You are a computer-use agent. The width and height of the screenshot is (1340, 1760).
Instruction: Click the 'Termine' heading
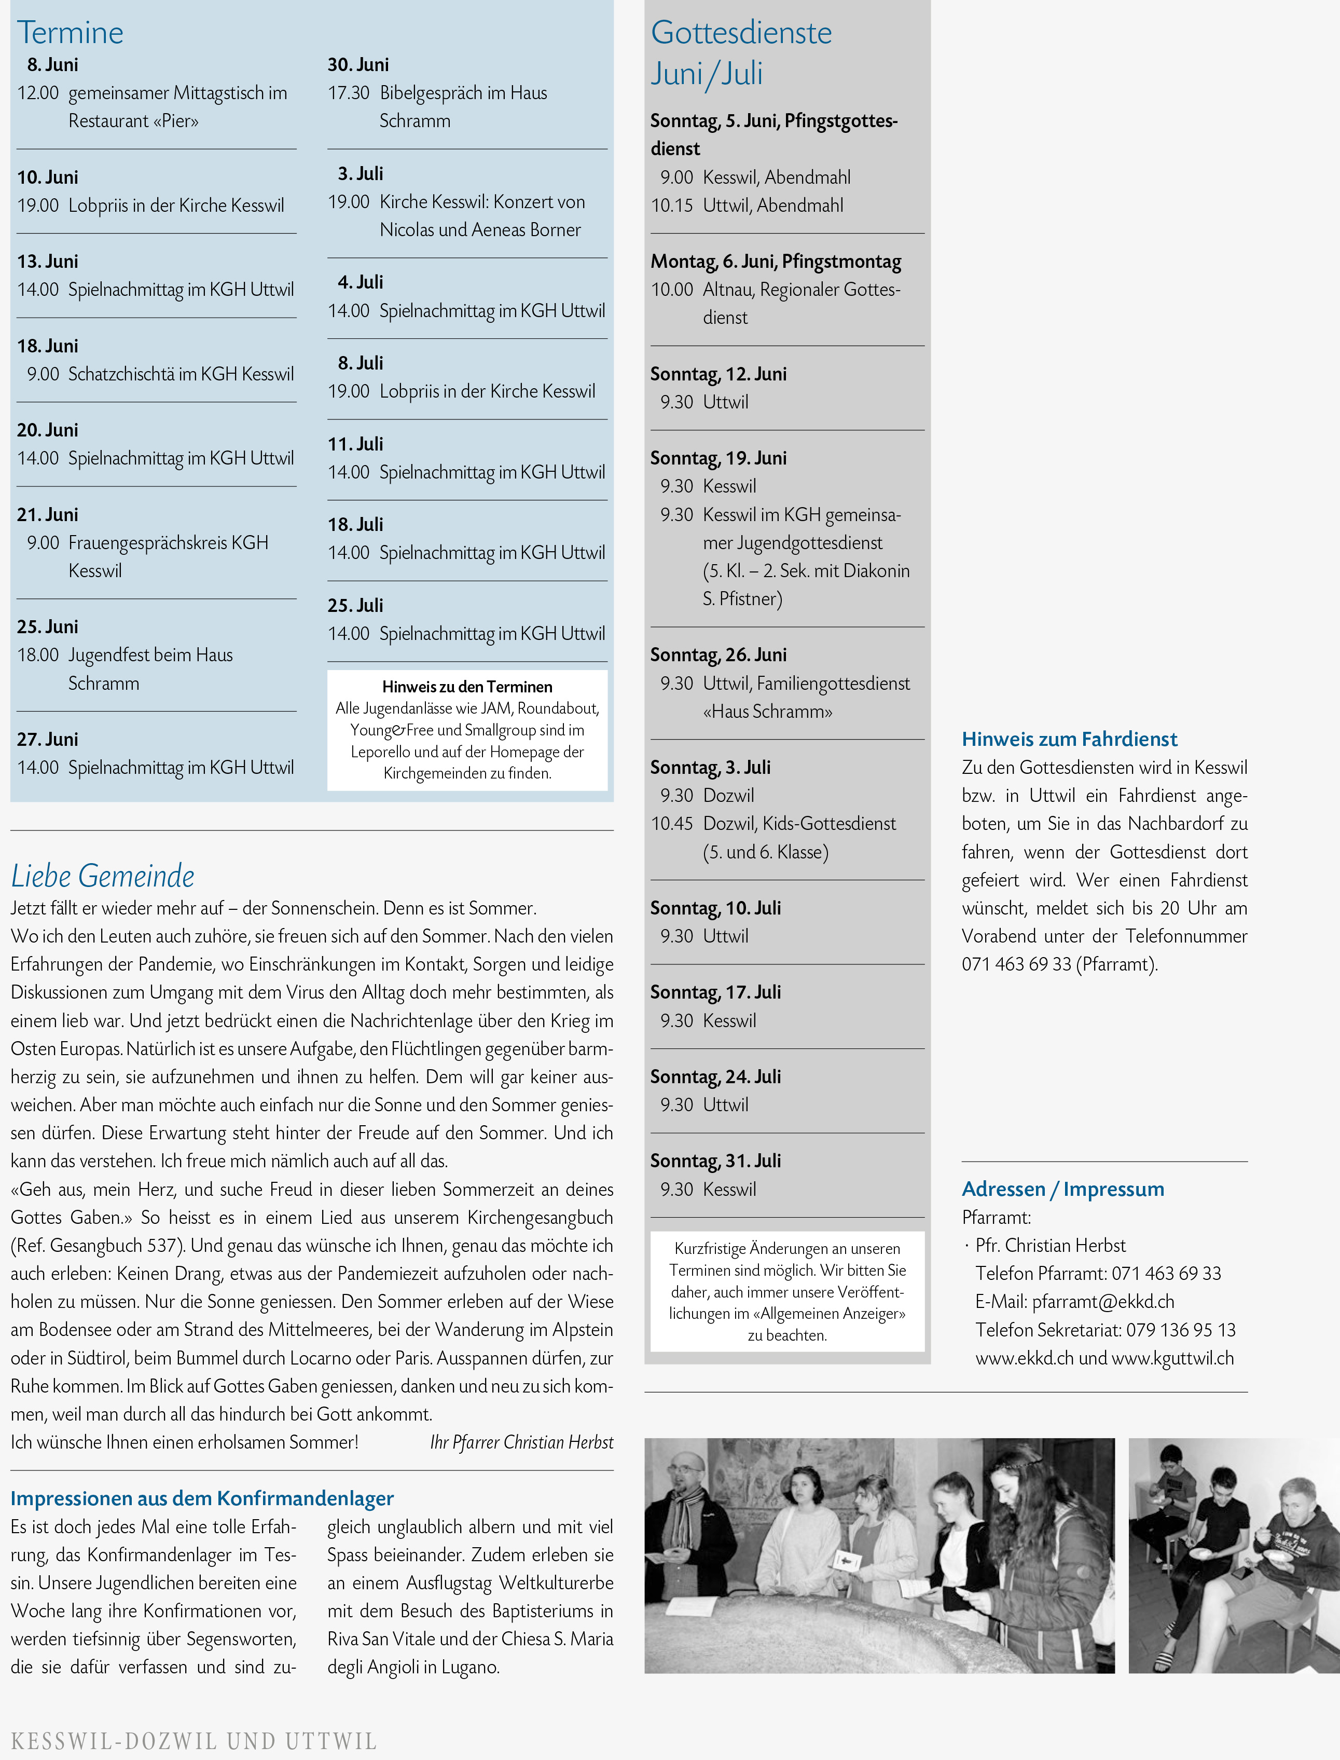click(x=70, y=33)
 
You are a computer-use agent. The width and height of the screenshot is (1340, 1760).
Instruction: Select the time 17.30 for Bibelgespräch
click(x=349, y=93)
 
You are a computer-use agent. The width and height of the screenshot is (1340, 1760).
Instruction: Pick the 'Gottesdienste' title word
click(x=741, y=33)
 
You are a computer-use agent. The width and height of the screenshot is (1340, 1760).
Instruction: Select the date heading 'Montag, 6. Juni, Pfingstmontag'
click(x=775, y=262)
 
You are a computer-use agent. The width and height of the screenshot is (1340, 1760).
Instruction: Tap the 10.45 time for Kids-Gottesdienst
click(x=672, y=823)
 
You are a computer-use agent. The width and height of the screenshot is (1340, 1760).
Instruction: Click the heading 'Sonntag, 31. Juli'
click(x=715, y=1161)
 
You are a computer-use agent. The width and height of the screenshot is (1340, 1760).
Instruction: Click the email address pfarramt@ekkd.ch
click(x=1102, y=1301)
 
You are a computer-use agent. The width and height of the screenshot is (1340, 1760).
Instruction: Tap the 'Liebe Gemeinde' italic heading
click(x=103, y=876)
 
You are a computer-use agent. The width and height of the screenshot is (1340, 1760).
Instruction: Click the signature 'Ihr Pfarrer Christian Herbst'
click(x=522, y=1442)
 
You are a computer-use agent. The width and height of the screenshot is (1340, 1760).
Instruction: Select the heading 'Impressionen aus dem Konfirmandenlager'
click(x=202, y=1498)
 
